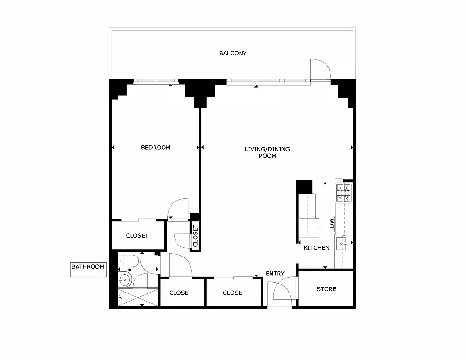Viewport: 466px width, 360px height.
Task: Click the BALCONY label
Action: click(x=233, y=54)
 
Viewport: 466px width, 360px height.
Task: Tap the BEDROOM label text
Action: click(x=155, y=148)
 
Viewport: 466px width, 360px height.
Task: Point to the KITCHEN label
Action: click(x=317, y=248)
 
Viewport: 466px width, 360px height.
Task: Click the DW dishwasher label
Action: click(x=332, y=223)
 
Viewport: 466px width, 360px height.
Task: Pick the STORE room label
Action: click(x=326, y=289)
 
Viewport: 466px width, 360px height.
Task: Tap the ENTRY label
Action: click(x=275, y=274)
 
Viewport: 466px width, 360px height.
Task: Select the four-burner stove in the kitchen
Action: click(x=344, y=192)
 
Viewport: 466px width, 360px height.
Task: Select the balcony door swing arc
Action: click(x=321, y=69)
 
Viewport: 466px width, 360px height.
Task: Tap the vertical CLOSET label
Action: click(x=195, y=235)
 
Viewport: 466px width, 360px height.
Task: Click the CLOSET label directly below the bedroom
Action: click(x=137, y=236)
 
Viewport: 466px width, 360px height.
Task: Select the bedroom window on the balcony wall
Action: click(x=156, y=81)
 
